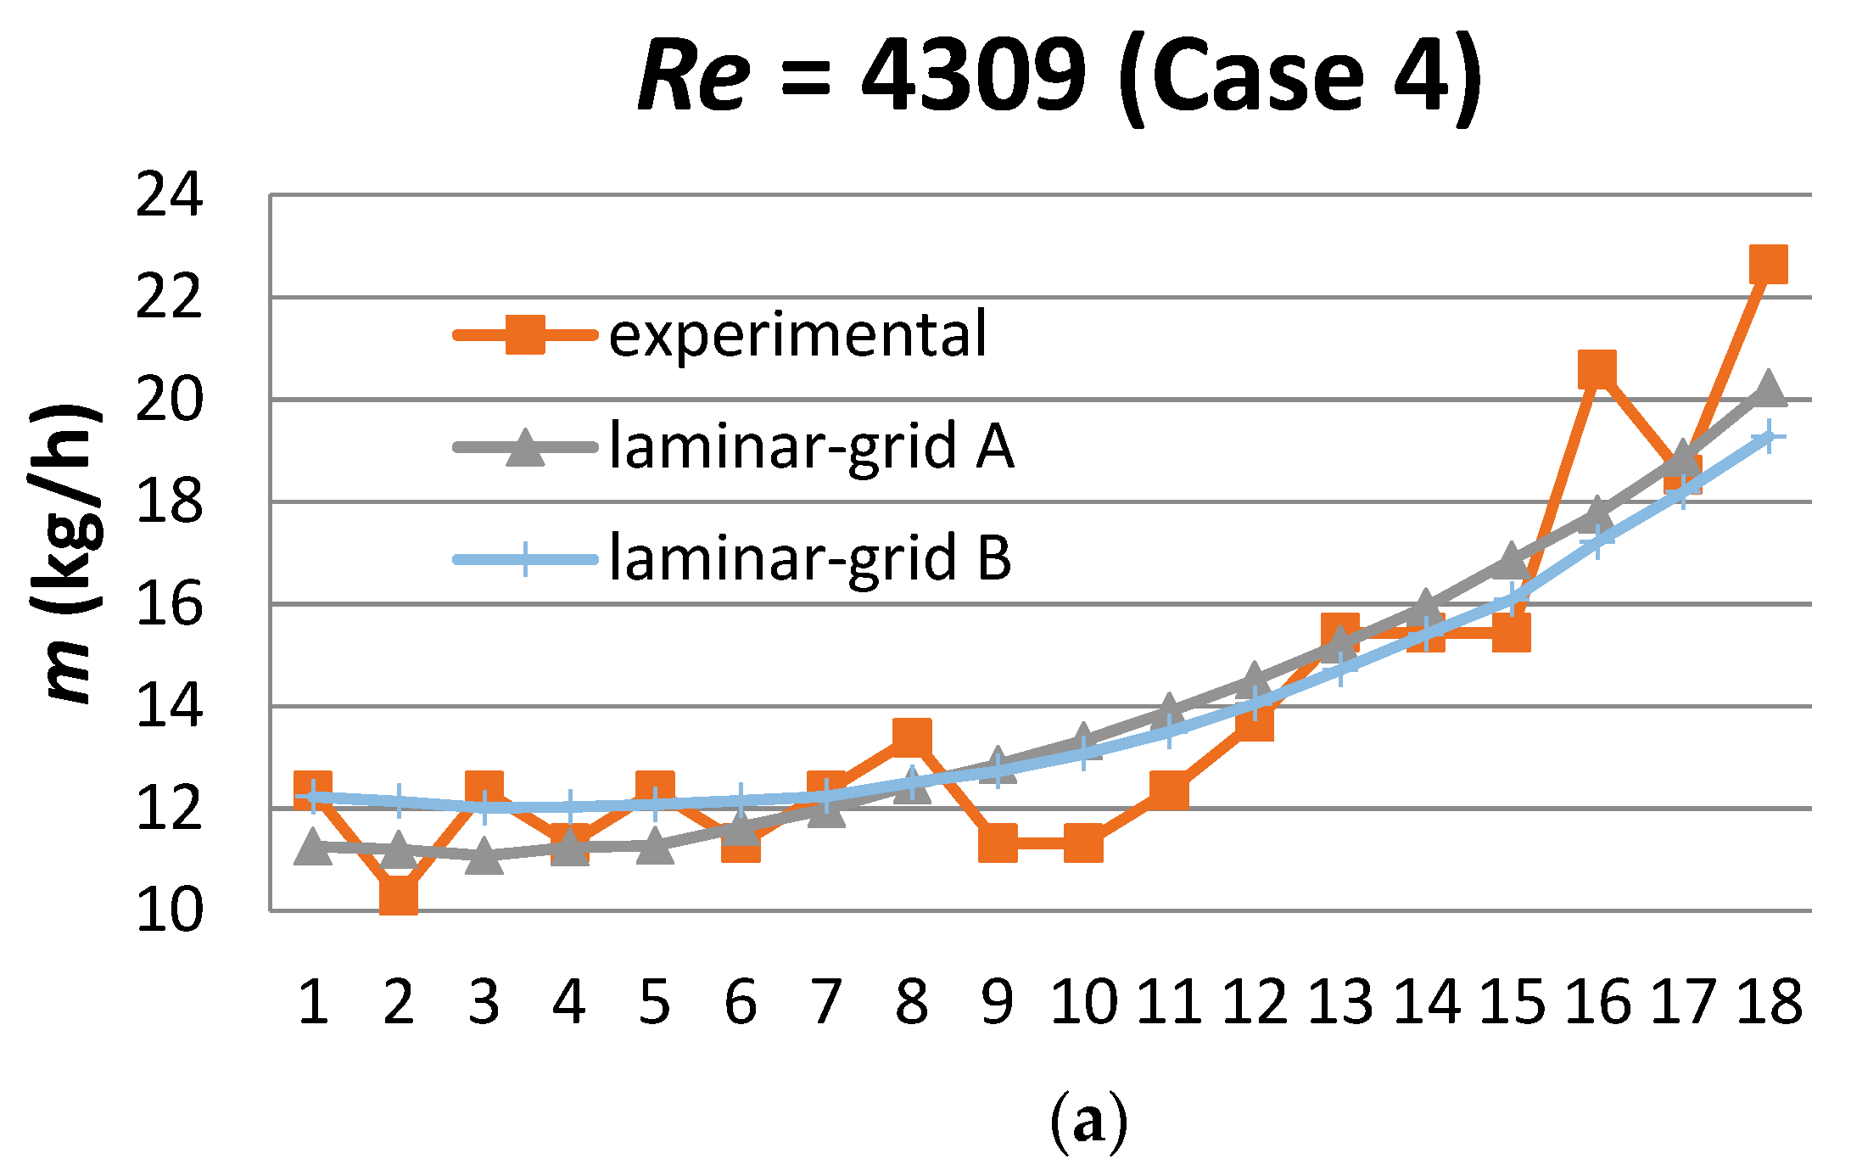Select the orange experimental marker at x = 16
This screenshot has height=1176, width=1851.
coord(1597,370)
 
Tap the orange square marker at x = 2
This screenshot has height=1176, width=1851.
coord(399,895)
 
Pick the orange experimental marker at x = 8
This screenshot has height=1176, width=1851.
coord(912,736)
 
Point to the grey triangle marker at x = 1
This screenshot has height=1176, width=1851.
coord(313,848)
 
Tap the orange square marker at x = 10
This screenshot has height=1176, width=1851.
coord(1083,843)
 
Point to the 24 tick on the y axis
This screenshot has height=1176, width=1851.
coord(170,196)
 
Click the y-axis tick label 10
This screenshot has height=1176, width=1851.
coord(170,911)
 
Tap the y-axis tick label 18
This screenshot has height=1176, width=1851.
coord(170,502)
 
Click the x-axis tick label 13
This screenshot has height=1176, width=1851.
coord(1340,1003)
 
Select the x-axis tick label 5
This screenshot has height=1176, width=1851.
coord(655,1003)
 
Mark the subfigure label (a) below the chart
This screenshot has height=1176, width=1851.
coord(1088,1122)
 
